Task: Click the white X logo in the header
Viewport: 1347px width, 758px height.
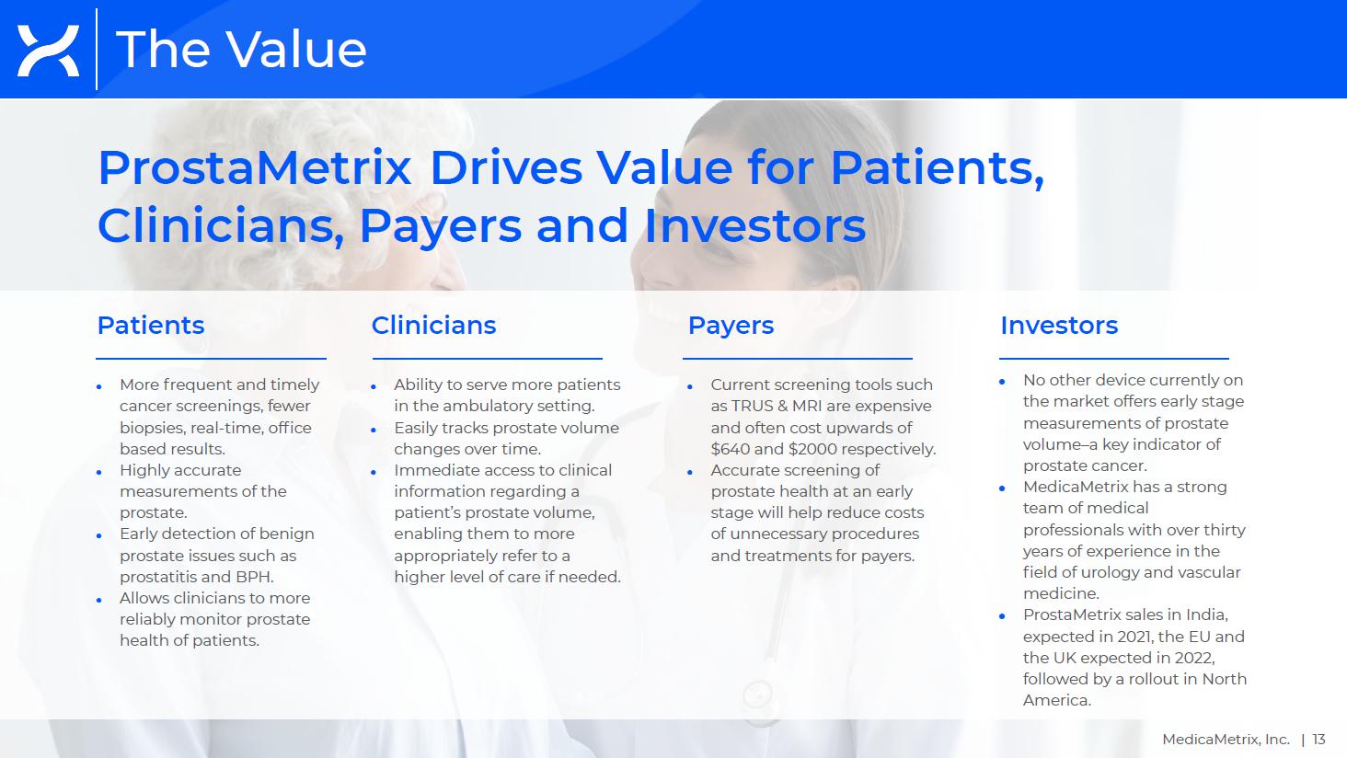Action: pos(48,51)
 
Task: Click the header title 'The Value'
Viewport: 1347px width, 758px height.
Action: pos(241,50)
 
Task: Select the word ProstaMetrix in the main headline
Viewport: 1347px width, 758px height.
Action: pos(254,167)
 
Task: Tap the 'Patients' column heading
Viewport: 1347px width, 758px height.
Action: pos(151,326)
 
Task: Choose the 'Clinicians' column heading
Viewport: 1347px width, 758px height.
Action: pos(433,326)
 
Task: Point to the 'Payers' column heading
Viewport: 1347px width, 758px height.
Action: pos(731,326)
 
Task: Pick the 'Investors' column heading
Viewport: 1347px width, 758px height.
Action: pos(1059,326)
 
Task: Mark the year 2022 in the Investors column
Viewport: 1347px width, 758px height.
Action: pos(1194,658)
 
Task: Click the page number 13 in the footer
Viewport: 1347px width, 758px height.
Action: pos(1318,740)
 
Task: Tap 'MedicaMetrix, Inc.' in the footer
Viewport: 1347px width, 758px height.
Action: pos(1226,740)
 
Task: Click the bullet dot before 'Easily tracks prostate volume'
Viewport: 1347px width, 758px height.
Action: pos(374,430)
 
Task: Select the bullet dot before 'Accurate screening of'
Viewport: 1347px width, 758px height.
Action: pos(690,472)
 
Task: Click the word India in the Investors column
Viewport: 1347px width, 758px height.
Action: pos(1205,614)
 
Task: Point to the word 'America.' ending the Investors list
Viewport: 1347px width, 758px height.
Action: pos(1056,700)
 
